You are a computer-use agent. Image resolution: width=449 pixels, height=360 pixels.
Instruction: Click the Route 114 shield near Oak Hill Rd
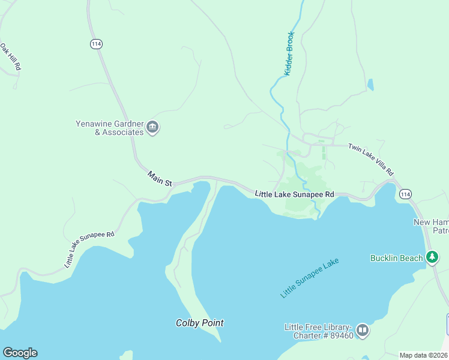95,44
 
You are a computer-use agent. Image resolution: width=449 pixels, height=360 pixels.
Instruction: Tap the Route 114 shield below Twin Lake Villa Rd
406,194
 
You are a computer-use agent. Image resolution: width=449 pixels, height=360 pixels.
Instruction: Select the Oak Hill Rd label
11,57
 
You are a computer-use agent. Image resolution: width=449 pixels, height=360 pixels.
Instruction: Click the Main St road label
160,178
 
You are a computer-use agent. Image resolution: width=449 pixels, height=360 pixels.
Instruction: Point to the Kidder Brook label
289,53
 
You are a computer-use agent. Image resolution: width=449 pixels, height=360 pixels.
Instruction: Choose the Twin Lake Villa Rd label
371,159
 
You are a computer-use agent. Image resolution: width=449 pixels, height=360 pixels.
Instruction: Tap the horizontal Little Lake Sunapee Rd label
294,194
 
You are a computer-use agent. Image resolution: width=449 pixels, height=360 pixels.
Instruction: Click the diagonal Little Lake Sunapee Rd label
89,249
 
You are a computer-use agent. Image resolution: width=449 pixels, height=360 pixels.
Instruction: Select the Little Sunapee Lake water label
310,278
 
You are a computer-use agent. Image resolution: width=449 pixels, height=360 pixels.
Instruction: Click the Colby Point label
199,323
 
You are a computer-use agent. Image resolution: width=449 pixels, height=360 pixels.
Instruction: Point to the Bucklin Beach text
396,258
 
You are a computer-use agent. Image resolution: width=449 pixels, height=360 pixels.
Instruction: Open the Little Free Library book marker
362,330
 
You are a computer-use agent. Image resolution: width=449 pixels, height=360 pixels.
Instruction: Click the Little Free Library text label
318,331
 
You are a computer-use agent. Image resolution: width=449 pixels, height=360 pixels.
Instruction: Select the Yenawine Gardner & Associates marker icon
152,127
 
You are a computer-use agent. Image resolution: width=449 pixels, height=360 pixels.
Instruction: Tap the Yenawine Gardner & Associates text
110,128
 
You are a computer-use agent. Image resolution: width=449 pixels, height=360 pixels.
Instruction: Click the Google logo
20,353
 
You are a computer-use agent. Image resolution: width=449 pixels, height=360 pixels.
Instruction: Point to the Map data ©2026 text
423,355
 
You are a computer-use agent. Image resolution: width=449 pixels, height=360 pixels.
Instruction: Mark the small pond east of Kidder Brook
370,85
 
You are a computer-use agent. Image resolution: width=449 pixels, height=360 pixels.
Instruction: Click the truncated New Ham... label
431,226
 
